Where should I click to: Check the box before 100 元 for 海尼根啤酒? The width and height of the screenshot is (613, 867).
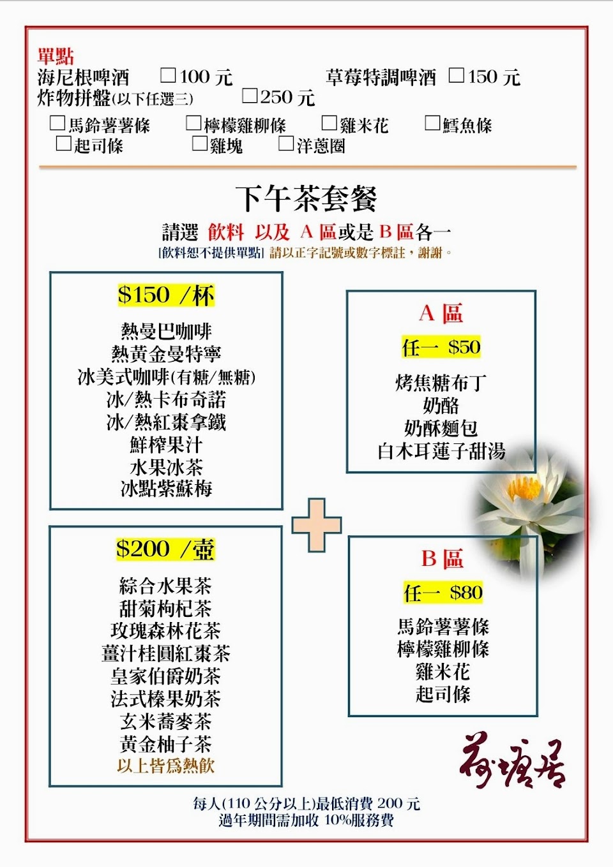click(x=168, y=75)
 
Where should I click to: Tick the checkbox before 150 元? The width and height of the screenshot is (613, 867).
click(x=456, y=75)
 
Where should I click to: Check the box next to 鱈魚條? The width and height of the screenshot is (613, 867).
click(x=432, y=123)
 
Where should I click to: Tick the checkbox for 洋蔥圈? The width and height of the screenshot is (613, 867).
click(x=286, y=144)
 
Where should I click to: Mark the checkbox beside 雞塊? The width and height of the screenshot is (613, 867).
click(x=200, y=144)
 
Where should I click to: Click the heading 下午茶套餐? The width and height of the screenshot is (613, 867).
click(x=306, y=198)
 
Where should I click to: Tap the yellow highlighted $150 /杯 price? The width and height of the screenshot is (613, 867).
click(x=166, y=295)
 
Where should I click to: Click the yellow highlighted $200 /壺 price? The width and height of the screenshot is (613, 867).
click(x=165, y=549)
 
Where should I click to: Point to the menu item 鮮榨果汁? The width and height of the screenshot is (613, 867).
click(x=166, y=444)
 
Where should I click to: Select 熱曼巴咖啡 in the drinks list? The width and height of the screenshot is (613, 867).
click(x=166, y=331)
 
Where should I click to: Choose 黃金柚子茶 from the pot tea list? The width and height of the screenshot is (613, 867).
click(x=165, y=744)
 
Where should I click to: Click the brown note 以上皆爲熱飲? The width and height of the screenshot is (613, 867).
click(x=165, y=766)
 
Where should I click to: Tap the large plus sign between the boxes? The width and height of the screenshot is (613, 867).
click(x=317, y=525)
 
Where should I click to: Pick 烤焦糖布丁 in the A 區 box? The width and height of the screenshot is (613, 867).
click(x=441, y=383)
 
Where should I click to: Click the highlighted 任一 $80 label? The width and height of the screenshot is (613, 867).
click(x=443, y=593)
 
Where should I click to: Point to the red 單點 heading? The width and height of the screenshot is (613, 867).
click(x=56, y=56)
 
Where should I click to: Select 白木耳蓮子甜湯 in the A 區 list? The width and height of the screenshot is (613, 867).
click(x=441, y=451)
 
